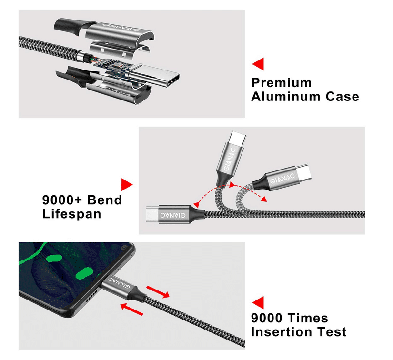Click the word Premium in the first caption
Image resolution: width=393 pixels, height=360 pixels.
[282, 83]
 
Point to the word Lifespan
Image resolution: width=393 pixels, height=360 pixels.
[71, 214]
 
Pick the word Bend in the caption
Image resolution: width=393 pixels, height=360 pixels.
[104, 200]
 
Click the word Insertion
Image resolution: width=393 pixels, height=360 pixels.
[282, 332]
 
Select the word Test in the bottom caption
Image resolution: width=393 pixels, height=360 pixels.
[333, 332]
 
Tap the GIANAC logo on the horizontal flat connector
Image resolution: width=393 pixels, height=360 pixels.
[173, 215]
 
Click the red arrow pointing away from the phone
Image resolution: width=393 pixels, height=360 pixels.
[158, 292]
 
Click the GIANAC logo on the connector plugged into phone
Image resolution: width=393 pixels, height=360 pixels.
[119, 282]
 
